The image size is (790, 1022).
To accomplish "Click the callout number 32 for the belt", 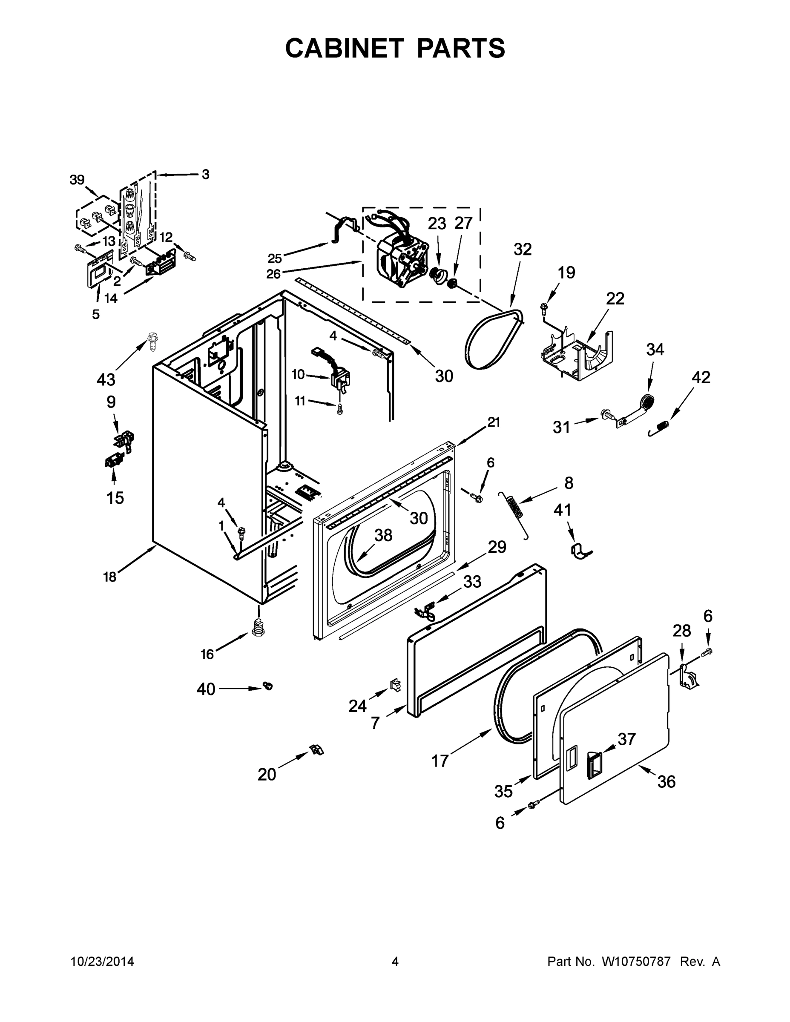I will (522, 250).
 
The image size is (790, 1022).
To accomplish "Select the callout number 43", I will (106, 379).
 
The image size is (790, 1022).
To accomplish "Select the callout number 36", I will (666, 781).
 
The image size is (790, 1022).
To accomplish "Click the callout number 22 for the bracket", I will (615, 299).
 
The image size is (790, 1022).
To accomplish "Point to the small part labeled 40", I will (268, 686).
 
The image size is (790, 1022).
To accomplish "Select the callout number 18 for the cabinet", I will (109, 577).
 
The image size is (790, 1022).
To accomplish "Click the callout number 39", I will (77, 180).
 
